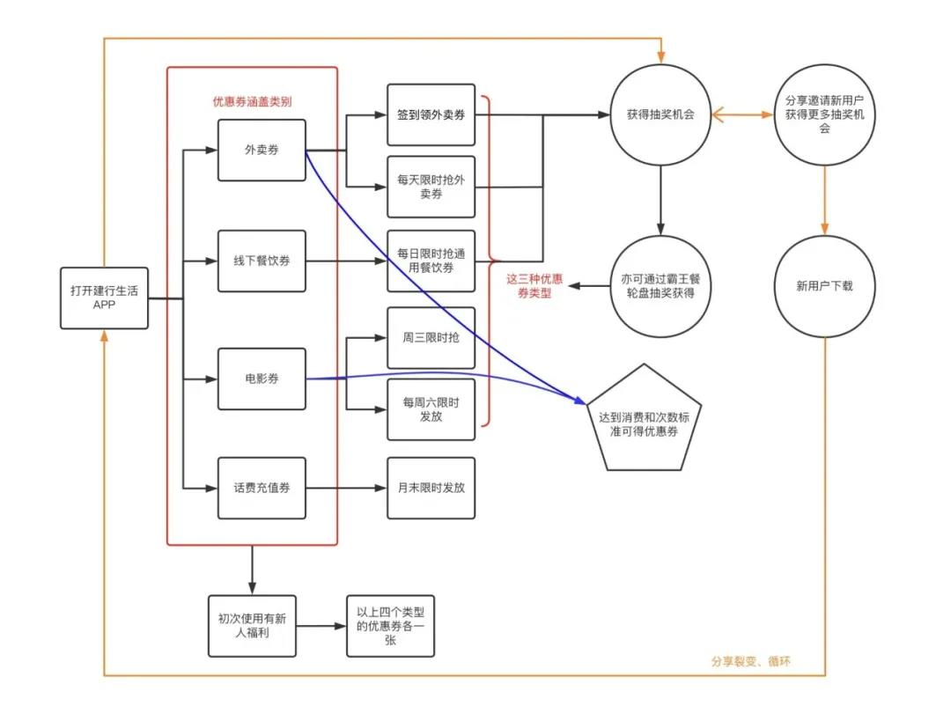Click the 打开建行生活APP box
coord(104,298)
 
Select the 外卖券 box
coord(262,151)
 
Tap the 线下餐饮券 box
coord(262,261)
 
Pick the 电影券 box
coord(262,379)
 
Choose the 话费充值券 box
coord(262,488)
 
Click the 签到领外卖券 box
coord(431,114)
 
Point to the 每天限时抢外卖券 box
coord(431,187)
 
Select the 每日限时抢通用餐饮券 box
coord(431,261)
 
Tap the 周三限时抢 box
coord(431,337)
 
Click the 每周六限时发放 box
coord(431,409)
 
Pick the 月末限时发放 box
coord(431,488)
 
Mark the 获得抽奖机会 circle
coord(660,114)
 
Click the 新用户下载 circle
coord(824,286)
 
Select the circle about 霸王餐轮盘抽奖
coord(660,286)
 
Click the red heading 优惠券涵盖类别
coord(252,100)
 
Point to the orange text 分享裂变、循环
coord(751,660)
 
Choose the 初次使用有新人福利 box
coord(252,625)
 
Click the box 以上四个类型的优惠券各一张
coord(390,625)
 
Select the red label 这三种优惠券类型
coord(534,286)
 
